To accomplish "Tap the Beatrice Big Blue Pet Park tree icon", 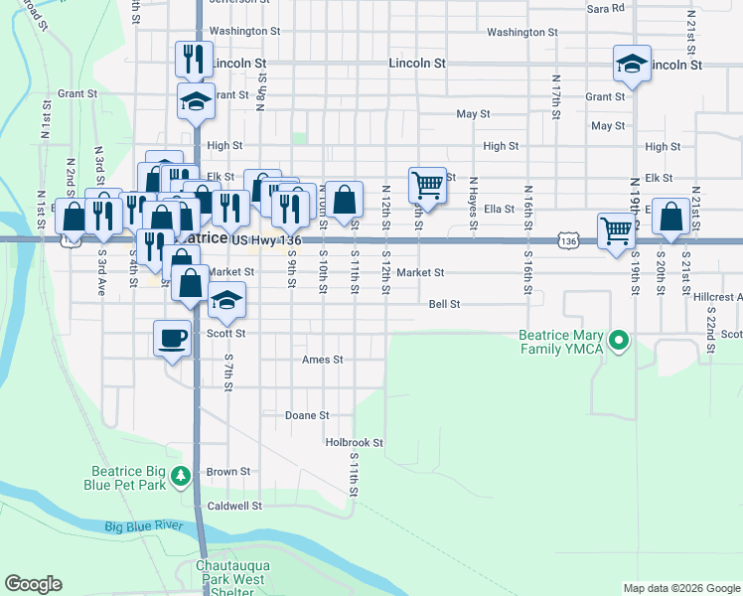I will tap(180, 477).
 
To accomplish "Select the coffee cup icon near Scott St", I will tap(172, 338).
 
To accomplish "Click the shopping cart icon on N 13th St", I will tap(426, 183).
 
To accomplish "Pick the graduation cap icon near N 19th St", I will tap(632, 65).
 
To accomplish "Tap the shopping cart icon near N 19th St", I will tap(616, 230).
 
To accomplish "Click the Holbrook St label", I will tap(355, 442).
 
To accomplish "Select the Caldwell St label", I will tap(234, 506).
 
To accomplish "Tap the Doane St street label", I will tap(307, 415).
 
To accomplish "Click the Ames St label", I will tap(322, 360).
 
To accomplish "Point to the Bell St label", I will tap(445, 304).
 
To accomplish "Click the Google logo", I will tap(33, 584).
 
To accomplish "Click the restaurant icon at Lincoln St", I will tap(193, 59).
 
